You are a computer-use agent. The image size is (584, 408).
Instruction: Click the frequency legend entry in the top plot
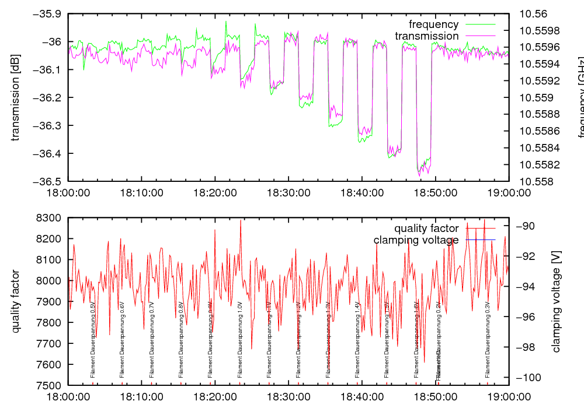click(x=434, y=24)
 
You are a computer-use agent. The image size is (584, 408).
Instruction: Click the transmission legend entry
click(x=427, y=36)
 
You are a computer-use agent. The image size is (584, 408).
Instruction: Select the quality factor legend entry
click(x=426, y=228)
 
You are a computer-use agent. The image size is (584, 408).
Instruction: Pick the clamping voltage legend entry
click(x=416, y=240)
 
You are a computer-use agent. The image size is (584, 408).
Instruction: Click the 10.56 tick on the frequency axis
click(x=532, y=14)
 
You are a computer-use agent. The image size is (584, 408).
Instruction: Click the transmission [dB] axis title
click(x=16, y=97)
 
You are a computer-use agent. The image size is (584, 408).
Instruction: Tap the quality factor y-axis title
click(x=16, y=301)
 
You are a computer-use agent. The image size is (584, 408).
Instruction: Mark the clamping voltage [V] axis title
click(x=556, y=301)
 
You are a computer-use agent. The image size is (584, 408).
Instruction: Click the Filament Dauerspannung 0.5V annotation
click(x=93, y=341)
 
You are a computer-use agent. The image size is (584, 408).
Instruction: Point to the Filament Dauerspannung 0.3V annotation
click(x=488, y=341)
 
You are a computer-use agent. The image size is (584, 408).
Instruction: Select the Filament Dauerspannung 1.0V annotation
click(x=240, y=341)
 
